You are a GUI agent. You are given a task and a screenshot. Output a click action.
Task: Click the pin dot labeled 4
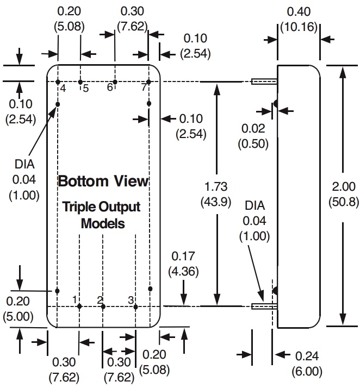coord(58,82)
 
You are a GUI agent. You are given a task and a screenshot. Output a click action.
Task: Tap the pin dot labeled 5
coord(80,82)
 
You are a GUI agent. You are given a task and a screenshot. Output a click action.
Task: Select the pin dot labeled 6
coord(115,82)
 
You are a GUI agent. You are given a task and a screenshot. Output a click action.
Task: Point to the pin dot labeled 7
coord(148,82)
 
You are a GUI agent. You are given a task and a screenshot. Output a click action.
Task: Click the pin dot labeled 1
coord(79,306)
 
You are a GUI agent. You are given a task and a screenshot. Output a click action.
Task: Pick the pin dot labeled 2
coord(103,306)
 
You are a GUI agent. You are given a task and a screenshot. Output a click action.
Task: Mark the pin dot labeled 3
coord(135,306)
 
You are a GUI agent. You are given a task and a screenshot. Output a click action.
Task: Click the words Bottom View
coord(103,181)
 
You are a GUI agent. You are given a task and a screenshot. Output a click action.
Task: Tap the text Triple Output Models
coord(102,215)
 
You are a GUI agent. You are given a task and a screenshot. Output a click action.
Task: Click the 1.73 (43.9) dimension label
coord(217,194)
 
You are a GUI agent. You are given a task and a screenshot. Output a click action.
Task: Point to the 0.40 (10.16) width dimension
coord(299,19)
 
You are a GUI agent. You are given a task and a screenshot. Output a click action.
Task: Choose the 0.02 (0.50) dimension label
coord(253,135)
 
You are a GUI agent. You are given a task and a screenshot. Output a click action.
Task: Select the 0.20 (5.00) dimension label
coord(18,308)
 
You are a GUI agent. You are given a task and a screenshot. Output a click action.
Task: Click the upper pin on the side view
coord(264,82)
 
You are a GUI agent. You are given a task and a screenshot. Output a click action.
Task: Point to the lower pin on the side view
coord(264,306)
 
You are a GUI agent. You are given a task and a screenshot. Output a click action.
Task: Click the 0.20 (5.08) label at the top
coord(69,19)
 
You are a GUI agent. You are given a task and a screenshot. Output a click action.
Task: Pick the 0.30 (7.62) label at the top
coord(131,19)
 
